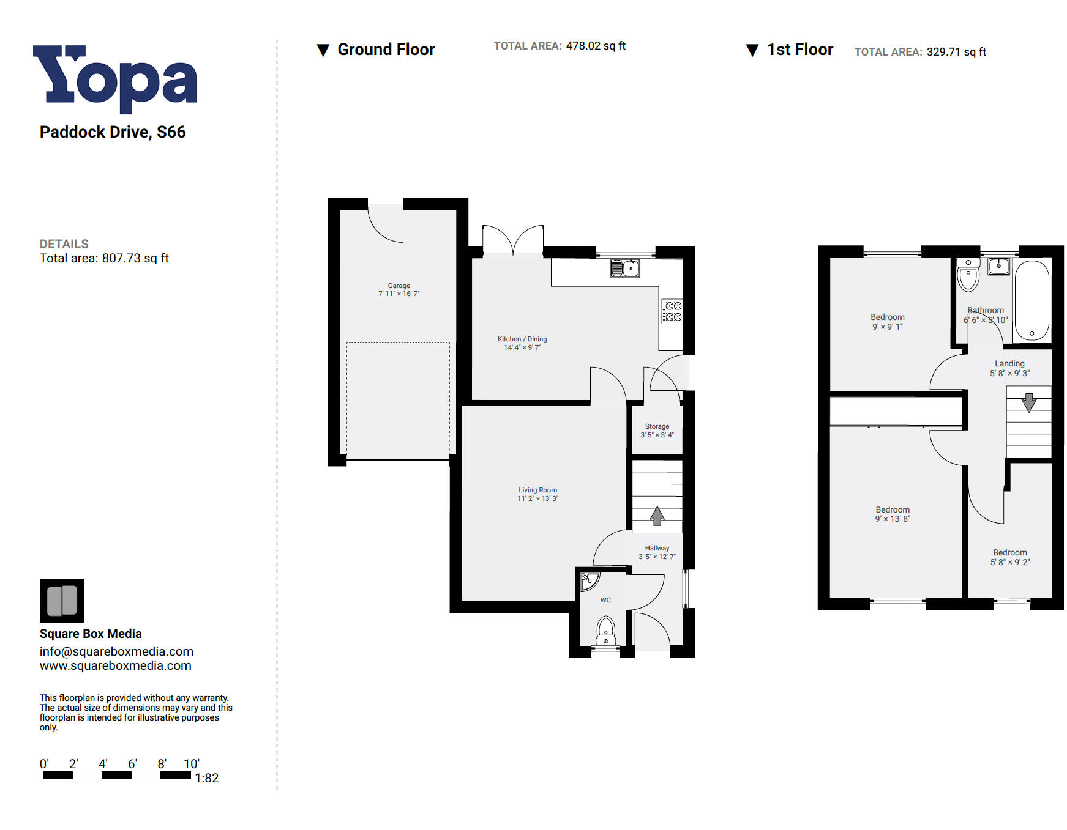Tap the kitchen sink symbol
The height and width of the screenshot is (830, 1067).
(x=625, y=268)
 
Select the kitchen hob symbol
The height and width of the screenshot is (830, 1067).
(x=673, y=311)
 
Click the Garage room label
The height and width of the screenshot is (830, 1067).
(x=399, y=286)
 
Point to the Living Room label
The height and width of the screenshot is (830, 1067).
(x=537, y=490)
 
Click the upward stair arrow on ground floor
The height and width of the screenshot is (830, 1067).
(x=657, y=516)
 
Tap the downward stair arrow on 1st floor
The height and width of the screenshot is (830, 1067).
(x=1028, y=402)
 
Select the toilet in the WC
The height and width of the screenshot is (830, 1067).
(x=605, y=629)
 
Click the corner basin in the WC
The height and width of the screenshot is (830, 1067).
(x=588, y=580)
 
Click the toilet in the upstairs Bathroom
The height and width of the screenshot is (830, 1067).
(x=968, y=275)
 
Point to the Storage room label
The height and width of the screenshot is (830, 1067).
(x=657, y=426)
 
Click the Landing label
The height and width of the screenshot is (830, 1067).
(x=1009, y=363)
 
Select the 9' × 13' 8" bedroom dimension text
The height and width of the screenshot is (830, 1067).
(x=892, y=519)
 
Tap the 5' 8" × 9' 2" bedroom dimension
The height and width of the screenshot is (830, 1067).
(x=1009, y=562)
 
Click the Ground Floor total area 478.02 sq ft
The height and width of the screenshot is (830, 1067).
(x=595, y=46)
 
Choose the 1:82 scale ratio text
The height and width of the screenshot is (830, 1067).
(x=206, y=778)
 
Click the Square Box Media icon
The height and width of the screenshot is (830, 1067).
(x=62, y=600)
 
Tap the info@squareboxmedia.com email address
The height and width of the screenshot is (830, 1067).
(x=116, y=651)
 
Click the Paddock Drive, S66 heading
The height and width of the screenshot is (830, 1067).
(x=113, y=132)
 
